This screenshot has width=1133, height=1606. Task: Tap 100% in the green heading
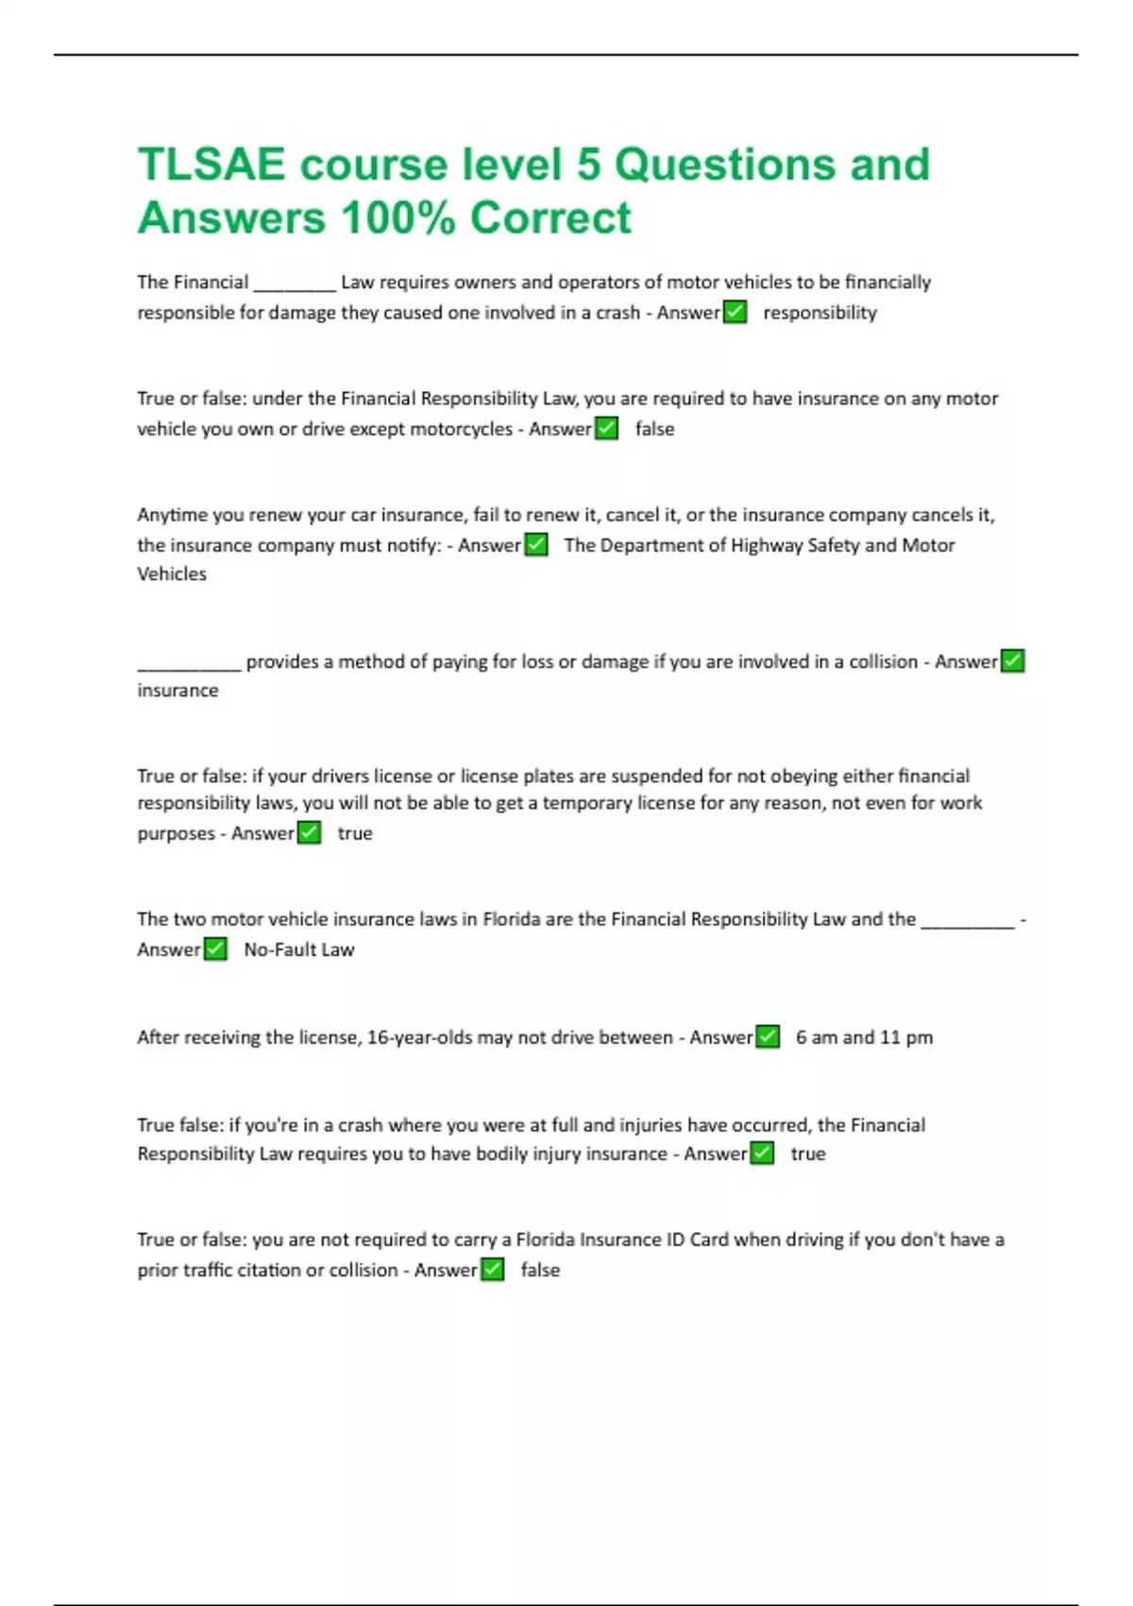pyautogui.click(x=398, y=218)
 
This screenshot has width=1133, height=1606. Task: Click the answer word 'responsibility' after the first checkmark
pyautogui.click(x=820, y=313)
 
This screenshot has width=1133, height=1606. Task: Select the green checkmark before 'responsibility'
pyautogui.click(x=735, y=312)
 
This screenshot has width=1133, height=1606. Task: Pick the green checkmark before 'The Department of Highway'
pyautogui.click(x=535, y=545)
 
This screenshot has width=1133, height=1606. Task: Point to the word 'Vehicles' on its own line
pyautogui.click(x=172, y=573)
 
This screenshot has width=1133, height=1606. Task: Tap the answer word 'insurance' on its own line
pyautogui.click(x=178, y=691)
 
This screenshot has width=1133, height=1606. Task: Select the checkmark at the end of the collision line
pyautogui.click(x=1012, y=661)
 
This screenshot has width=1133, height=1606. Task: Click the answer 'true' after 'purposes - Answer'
pyautogui.click(x=355, y=833)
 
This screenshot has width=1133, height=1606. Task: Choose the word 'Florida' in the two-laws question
pyautogui.click(x=511, y=919)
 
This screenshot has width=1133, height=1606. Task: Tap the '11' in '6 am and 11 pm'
pyautogui.click(x=889, y=1037)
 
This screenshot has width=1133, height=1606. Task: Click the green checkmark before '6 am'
pyautogui.click(x=768, y=1037)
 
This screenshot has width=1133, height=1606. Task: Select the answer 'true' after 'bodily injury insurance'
pyautogui.click(x=808, y=1153)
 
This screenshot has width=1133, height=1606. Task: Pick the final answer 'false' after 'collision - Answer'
pyautogui.click(x=540, y=1270)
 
